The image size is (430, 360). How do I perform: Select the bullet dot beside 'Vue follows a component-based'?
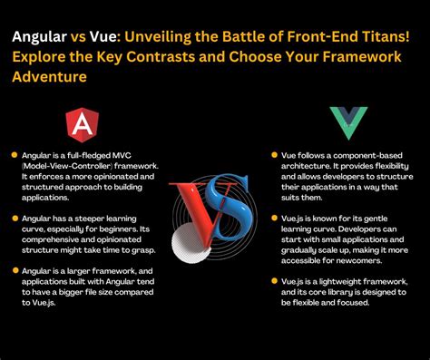coord(261,154)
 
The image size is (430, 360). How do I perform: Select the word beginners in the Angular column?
coord(121,229)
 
